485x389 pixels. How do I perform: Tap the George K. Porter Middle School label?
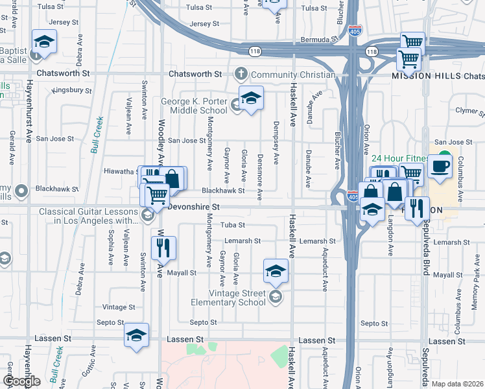click(x=194, y=106)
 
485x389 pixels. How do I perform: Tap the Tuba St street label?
click(x=232, y=226)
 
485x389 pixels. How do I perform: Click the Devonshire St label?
click(x=195, y=206)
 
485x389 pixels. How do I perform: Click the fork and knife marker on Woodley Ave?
click(x=163, y=247)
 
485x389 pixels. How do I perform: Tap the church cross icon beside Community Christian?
click(x=242, y=74)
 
